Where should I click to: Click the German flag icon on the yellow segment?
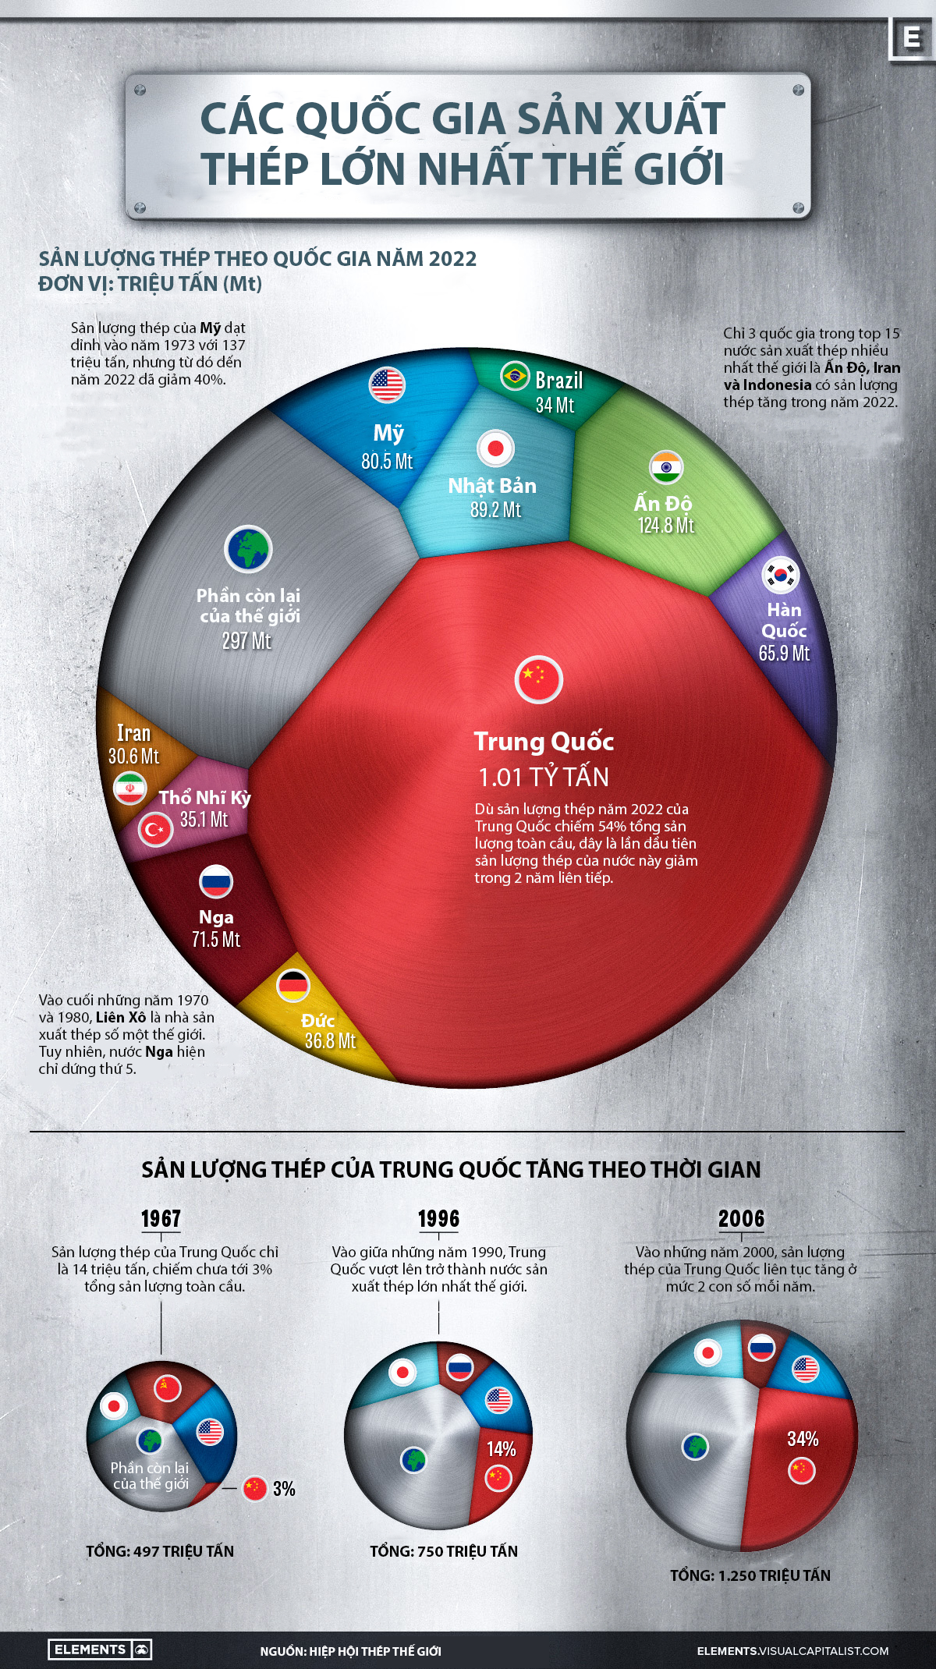[293, 986]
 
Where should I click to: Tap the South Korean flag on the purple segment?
[781, 576]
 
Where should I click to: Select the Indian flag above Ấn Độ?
[666, 467]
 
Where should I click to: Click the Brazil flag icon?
[514, 377]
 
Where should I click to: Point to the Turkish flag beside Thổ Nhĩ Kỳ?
[155, 829]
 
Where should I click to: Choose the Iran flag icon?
[129, 788]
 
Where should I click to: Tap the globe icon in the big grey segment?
[248, 549]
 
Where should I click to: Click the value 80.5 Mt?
[387, 461]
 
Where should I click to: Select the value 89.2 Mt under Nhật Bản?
[495, 510]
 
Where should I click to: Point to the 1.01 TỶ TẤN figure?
[544, 777]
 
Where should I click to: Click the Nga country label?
[216, 917]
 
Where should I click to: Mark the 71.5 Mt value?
[216, 940]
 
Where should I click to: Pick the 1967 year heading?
[161, 1219]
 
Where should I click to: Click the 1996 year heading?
[438, 1219]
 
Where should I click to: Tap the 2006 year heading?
[741, 1219]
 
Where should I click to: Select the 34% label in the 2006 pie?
[803, 1439]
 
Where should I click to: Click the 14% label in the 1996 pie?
[502, 1449]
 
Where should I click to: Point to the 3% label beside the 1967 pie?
[284, 1489]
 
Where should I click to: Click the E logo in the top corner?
[911, 37]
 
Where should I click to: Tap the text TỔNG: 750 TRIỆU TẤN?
[444, 1551]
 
